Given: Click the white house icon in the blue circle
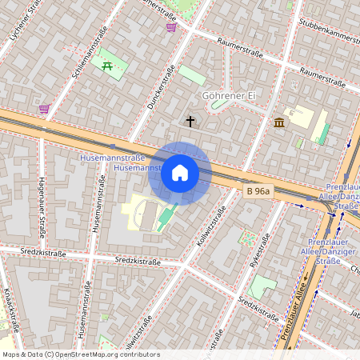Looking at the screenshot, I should (x=180, y=173).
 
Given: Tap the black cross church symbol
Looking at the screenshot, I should (x=190, y=122).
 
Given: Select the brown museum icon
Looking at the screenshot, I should (x=279, y=122).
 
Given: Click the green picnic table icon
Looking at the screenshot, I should (x=107, y=66).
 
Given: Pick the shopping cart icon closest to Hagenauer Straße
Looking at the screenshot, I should (x=43, y=108).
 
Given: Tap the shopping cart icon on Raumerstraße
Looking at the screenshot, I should (x=170, y=27).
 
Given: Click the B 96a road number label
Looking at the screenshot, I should (x=258, y=191).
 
